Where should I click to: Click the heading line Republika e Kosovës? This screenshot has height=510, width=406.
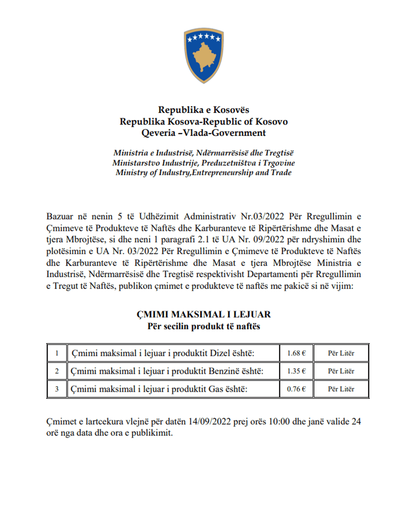click(203, 111)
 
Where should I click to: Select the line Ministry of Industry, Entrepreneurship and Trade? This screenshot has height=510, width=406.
click(203, 173)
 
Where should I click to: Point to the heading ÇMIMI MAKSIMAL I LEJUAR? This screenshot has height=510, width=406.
click(203, 315)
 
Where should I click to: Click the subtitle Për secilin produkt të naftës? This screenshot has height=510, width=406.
click(203, 326)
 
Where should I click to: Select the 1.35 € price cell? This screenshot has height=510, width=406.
click(295, 372)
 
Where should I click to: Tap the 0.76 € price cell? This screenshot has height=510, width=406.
click(295, 389)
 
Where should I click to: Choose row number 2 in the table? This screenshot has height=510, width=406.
click(57, 372)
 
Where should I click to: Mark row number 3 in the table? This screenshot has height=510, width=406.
click(57, 389)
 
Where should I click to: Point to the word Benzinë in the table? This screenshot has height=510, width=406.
click(226, 372)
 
